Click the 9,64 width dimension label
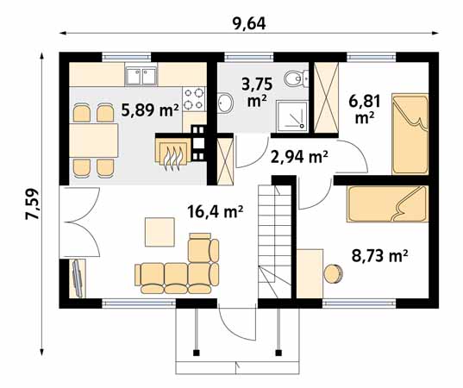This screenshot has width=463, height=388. [x=249, y=23]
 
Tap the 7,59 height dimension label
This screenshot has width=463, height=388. [x=32, y=203]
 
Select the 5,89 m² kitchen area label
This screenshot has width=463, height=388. [x=151, y=110]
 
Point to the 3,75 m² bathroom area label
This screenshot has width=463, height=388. [x=257, y=93]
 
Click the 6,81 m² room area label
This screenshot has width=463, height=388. [x=365, y=110]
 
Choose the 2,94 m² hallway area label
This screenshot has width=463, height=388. [x=299, y=157]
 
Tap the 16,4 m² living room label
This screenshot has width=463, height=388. [x=216, y=211]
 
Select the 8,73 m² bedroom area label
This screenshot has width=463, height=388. [x=380, y=256]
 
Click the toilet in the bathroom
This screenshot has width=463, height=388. [x=297, y=78]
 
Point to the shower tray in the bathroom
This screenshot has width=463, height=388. [x=291, y=116]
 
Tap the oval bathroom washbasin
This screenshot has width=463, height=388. [x=226, y=103]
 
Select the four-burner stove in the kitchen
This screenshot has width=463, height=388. [x=194, y=99]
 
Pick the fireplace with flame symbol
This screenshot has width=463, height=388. [x=173, y=153]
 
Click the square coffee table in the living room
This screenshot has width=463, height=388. [x=160, y=232]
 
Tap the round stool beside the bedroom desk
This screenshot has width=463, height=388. [x=334, y=274]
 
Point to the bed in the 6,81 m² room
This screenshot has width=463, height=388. [x=410, y=134]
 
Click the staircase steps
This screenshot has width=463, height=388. [x=275, y=241]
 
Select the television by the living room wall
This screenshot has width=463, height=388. [x=78, y=278]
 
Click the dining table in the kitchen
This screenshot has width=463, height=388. [x=93, y=141]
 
